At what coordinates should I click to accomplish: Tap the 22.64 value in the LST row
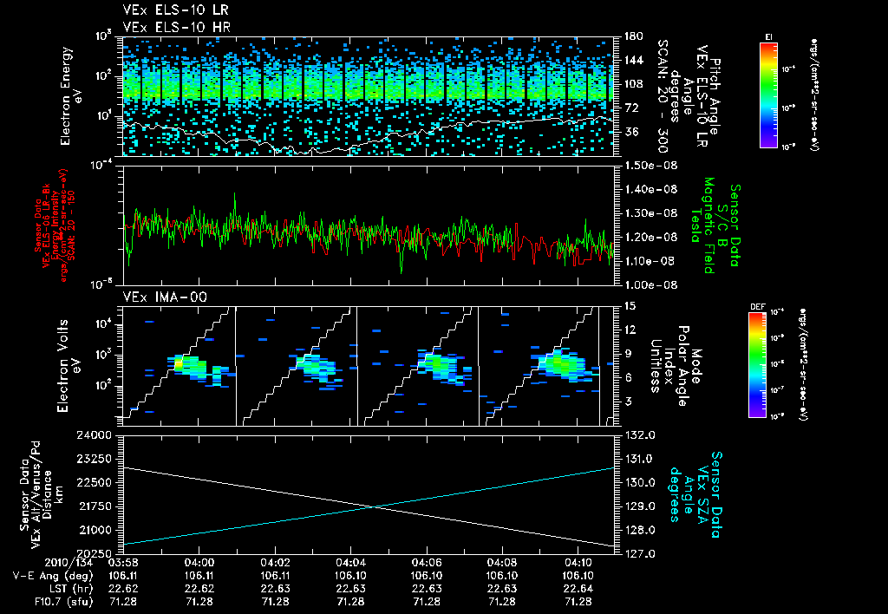[x=578, y=587]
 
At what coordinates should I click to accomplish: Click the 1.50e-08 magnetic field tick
[x=648, y=165]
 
